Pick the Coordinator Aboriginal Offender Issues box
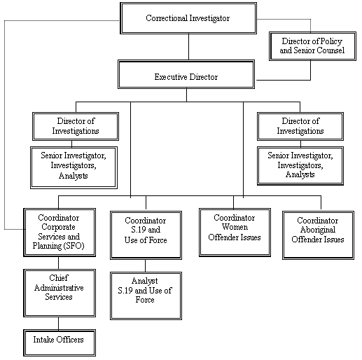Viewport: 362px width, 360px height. pos(320,230)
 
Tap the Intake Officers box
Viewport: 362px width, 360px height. pos(58,341)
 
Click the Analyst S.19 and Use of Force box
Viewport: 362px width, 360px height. pos(145,291)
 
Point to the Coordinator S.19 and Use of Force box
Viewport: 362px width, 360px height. pos(145,233)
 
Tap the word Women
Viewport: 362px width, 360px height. pos(236,228)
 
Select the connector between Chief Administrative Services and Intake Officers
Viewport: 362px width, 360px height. pos(58,323)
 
